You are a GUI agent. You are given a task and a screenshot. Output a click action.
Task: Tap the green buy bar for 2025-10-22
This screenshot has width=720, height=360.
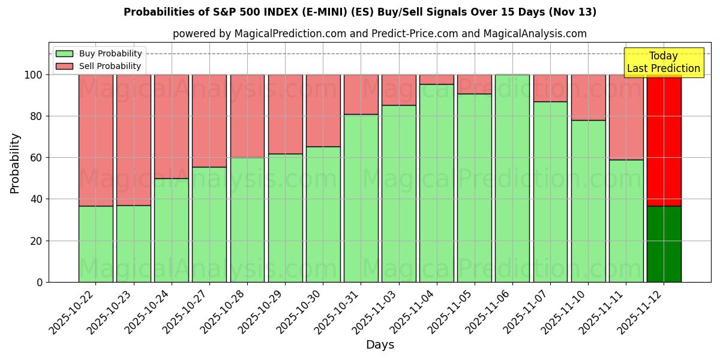coord(95,244)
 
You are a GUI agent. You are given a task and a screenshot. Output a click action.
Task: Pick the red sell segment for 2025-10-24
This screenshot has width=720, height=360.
coord(172,127)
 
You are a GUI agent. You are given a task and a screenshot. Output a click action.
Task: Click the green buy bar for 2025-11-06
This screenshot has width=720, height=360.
coord(512,178)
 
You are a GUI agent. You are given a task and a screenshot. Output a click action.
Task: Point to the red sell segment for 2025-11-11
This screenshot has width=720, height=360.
coord(626,117)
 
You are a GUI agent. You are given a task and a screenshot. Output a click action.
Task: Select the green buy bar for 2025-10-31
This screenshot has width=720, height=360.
coord(361,198)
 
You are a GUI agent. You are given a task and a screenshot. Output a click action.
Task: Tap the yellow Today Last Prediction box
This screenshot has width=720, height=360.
coord(664,62)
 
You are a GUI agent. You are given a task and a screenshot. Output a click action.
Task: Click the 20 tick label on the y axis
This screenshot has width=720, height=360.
coord(37,241)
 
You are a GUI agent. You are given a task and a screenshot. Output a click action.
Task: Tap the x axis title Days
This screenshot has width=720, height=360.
coord(380,345)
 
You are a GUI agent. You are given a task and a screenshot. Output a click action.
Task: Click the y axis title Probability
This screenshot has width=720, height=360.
coord(15,163)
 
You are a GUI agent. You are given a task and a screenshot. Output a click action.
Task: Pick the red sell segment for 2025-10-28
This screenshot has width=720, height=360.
coord(247,116)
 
